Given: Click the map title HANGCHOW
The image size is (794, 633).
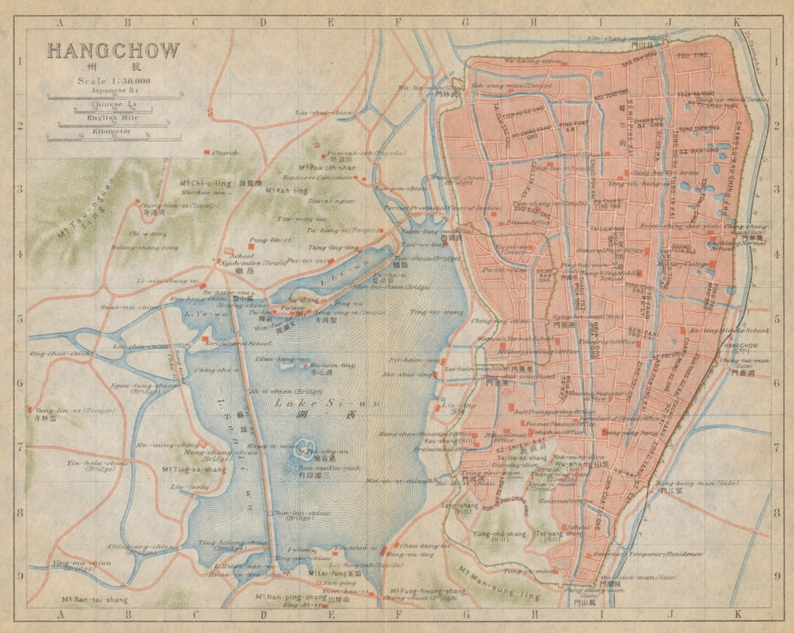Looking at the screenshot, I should [x=113, y=51].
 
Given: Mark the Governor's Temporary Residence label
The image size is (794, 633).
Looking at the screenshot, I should [x=647, y=554].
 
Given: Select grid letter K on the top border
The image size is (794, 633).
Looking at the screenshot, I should [x=736, y=22].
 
